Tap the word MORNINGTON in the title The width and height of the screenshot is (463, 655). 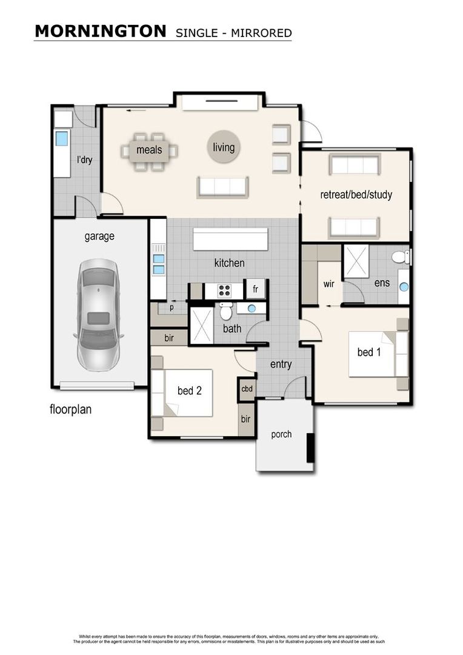tap(100, 32)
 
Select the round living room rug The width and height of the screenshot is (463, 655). tap(223, 147)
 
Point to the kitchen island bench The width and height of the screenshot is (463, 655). tap(230, 240)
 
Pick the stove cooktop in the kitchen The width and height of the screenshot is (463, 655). tap(224, 291)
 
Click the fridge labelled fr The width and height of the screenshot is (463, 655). tap(255, 289)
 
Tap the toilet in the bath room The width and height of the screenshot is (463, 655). tap(225, 312)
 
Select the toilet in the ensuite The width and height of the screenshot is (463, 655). tap(400, 257)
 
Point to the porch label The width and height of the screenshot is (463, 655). tap(281, 434)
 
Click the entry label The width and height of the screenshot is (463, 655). tap(281, 364)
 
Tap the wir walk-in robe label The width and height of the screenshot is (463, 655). tap(328, 283)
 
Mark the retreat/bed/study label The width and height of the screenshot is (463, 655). tap(356, 195)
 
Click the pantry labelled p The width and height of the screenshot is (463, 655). tap(171, 306)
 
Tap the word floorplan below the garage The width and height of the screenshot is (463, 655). tap(70, 409)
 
